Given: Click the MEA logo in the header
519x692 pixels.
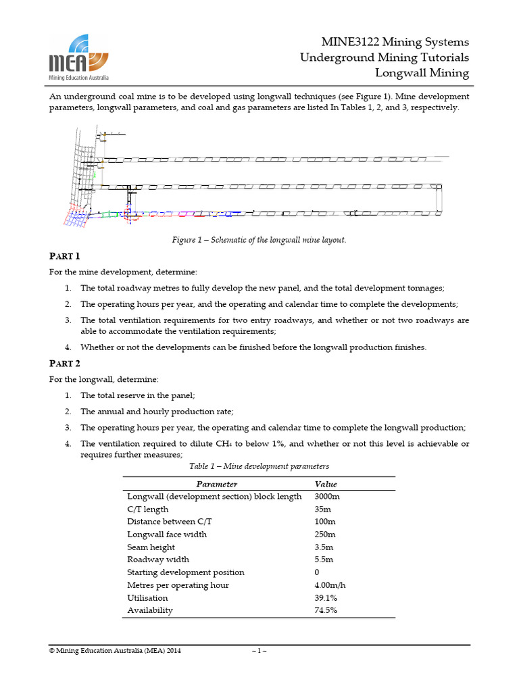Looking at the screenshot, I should pyautogui.click(x=79, y=57).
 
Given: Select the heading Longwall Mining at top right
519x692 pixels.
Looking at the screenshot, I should pyautogui.click(x=422, y=73).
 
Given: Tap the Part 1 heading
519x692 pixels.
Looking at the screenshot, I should pyautogui.click(x=65, y=256).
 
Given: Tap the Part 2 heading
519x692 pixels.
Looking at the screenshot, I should pyautogui.click(x=65, y=364).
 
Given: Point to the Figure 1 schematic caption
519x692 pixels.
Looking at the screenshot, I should pyautogui.click(x=259, y=240).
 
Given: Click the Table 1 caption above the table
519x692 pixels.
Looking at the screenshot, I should pyautogui.click(x=259, y=466).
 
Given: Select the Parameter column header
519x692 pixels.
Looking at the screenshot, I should pyautogui.click(x=216, y=484).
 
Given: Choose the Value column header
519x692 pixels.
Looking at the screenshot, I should pyautogui.click(x=326, y=484).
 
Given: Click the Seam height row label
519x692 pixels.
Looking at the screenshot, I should pyautogui.click(x=151, y=547).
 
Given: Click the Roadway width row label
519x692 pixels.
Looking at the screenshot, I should pyautogui.click(x=158, y=560).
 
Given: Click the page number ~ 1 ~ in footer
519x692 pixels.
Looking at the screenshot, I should pyautogui.click(x=259, y=651).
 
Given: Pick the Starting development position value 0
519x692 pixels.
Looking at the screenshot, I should pyautogui.click(x=318, y=572).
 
